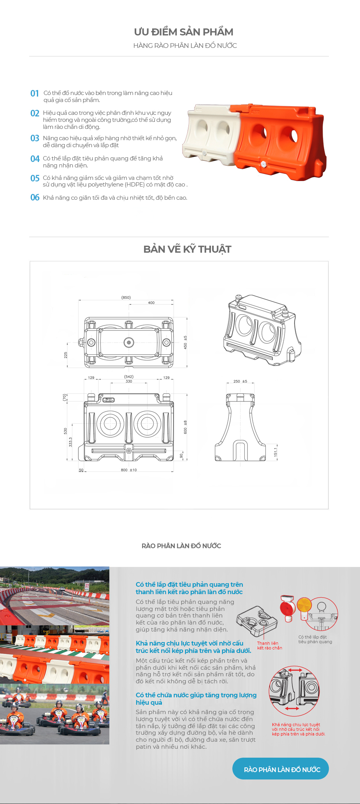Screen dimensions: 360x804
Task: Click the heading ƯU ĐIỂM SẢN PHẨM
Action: point(183,32)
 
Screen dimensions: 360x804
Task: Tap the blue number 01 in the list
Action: point(35,93)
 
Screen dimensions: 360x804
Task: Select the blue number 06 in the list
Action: point(35,197)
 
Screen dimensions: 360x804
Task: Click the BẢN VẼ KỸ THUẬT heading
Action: point(187,249)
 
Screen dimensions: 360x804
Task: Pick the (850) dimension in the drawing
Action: point(126,297)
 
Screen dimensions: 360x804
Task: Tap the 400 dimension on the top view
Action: point(151,303)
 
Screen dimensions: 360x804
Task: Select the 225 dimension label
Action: point(66,355)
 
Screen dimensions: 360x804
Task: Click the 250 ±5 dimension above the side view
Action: point(240,381)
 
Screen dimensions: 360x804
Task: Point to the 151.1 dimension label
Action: point(276,452)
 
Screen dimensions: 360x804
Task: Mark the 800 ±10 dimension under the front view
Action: point(129,470)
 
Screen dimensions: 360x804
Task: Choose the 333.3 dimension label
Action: point(70,442)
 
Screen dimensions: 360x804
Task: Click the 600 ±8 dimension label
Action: point(185,427)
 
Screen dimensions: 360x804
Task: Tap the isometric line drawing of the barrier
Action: point(262,330)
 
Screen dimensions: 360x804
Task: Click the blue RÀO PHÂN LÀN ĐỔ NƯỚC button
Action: point(281,769)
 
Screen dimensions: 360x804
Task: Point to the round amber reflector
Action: point(304,605)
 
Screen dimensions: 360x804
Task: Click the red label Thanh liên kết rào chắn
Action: point(269,646)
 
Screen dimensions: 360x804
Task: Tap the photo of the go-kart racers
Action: point(54,714)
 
